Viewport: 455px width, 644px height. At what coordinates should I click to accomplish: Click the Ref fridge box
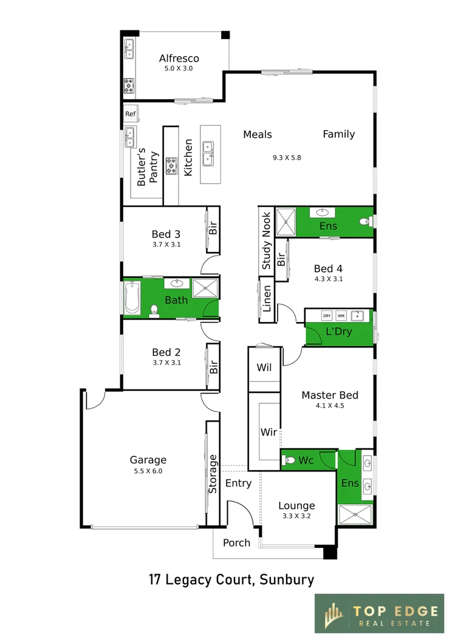pos(131,114)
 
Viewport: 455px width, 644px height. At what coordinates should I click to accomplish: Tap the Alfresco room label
pos(179,58)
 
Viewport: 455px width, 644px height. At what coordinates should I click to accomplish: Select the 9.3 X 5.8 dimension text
pos(287,157)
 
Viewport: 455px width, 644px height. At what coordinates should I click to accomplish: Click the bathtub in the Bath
pos(132,297)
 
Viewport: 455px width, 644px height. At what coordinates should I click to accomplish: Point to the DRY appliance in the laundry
pos(327,316)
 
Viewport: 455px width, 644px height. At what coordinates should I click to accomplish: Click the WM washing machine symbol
pos(341,316)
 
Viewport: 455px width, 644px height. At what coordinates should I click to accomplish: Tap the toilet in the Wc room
pos(290,460)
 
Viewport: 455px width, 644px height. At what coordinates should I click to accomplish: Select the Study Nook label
pos(266,241)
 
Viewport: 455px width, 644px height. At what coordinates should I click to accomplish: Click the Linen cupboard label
pos(267,298)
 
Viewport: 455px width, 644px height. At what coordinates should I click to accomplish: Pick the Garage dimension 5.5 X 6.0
pos(148,471)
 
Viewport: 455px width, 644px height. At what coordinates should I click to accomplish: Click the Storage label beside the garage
pos(212,473)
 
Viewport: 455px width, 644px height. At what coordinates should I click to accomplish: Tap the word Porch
pos(236,543)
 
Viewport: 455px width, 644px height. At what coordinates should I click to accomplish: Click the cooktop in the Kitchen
pos(171,166)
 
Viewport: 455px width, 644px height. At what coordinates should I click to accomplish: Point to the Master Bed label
pos(330,395)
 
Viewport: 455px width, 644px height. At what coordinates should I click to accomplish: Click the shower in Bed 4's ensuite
pos(286,222)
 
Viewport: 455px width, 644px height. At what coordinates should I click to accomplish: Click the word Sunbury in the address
pos(287,580)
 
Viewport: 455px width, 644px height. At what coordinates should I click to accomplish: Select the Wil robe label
pos(264,368)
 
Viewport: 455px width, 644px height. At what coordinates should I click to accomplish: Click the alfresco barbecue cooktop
pos(129,86)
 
